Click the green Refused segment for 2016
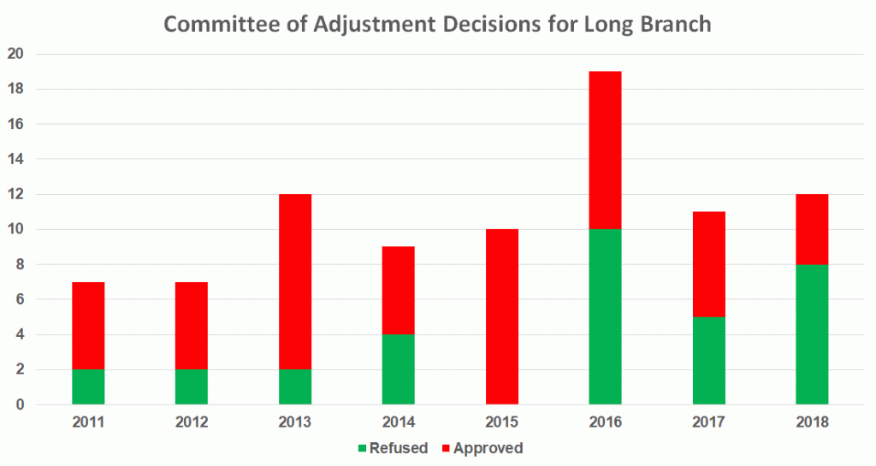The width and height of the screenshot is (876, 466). click(605, 316)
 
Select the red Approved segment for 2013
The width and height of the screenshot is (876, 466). click(294, 281)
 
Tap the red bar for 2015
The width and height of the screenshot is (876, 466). click(501, 316)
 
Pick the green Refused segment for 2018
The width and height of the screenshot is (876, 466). click(812, 333)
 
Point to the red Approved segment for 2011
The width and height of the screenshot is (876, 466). click(87, 325)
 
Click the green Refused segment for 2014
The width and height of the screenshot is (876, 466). click(398, 369)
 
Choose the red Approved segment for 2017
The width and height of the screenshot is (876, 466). click(708, 264)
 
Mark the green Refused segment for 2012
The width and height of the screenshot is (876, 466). click(191, 386)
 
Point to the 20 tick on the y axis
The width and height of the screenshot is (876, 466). click(16, 54)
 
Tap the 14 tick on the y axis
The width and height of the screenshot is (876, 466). click(16, 159)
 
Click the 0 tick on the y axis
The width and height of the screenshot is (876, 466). click(20, 404)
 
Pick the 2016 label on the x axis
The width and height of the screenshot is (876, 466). click(605, 422)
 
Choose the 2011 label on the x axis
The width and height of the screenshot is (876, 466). click(87, 422)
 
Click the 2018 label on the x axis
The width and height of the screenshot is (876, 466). click(812, 422)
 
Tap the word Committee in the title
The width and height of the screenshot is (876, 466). click(215, 24)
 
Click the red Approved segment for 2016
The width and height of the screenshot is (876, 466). click(605, 150)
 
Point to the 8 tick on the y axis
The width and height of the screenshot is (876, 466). click(20, 264)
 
